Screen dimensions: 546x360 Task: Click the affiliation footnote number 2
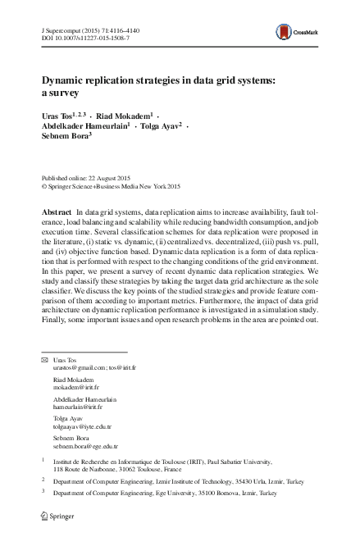pyautogui.click(x=43, y=482)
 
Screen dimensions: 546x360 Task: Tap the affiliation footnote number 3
pyautogui.click(x=43, y=494)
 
